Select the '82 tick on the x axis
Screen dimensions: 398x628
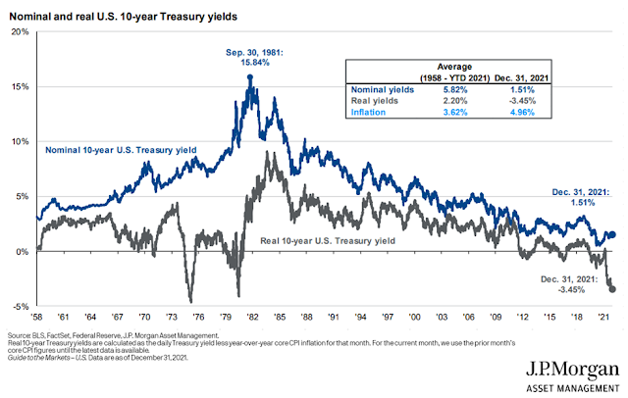253,317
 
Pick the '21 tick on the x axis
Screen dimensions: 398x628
608,317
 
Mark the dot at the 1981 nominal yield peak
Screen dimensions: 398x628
250,77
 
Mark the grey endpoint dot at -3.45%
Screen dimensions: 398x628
612,288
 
